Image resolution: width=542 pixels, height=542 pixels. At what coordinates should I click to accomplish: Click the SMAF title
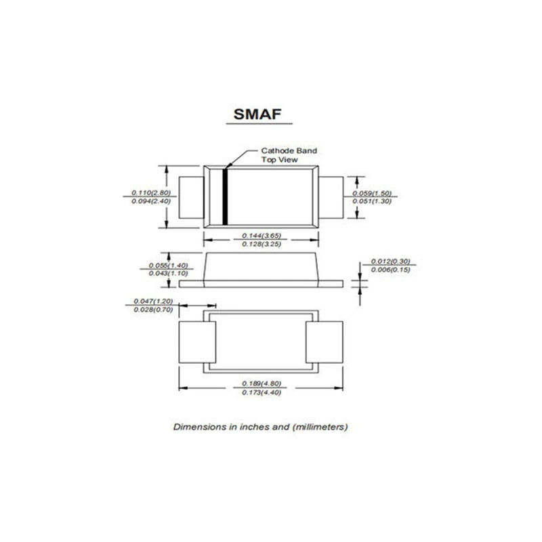tap(257, 114)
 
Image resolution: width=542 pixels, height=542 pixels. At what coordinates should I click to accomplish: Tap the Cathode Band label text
tap(289, 150)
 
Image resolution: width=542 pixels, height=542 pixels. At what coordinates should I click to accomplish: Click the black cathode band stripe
tap(225, 197)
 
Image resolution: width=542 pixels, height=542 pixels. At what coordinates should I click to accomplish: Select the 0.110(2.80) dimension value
tap(151, 192)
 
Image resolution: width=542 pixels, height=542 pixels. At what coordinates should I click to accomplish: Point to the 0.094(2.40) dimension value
tap(151, 201)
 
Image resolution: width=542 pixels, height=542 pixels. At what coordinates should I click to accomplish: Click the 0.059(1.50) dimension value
tap(372, 193)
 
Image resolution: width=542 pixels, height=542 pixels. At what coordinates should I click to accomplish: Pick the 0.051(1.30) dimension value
tap(372, 201)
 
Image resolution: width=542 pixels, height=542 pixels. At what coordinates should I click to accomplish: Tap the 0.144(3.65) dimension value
tap(262, 235)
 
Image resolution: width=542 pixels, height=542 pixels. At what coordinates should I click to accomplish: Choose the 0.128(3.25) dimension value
tap(262, 244)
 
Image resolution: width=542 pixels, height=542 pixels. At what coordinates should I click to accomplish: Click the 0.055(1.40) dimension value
tap(168, 265)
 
